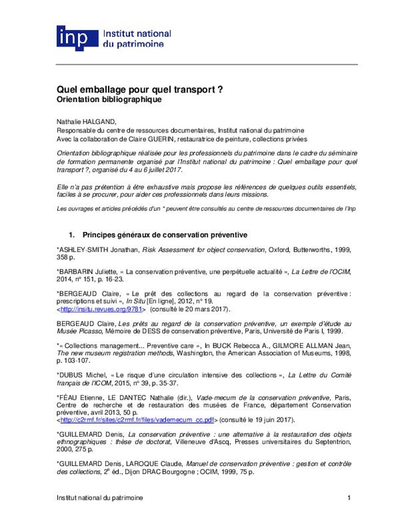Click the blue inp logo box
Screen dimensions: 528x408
point(77,37)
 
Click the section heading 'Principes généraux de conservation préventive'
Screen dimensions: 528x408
point(165,235)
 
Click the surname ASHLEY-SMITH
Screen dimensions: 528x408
point(80,249)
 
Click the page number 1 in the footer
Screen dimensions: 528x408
point(349,498)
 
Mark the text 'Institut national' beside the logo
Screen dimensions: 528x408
point(136,33)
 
